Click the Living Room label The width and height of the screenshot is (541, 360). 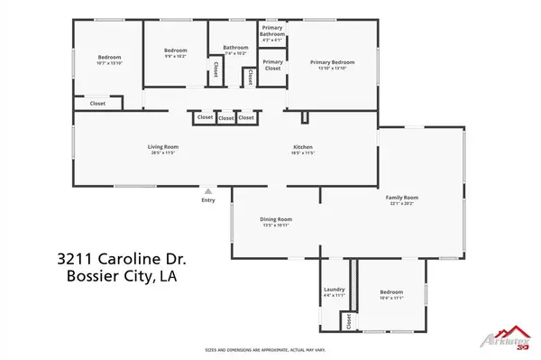163,146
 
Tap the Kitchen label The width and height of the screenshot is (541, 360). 302,146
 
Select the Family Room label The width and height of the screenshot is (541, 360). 401,197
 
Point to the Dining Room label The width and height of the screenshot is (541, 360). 277,219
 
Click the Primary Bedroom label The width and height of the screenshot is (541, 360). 332,62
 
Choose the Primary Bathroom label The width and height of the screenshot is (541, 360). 271,33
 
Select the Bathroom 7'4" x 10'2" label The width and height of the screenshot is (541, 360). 235,47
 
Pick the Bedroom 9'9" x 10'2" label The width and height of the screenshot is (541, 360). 175,50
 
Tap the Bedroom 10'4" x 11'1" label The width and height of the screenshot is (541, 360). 390,292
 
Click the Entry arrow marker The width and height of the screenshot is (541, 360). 208,191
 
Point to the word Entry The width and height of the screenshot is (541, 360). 208,200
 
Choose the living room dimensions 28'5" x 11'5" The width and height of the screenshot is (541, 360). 163,153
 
